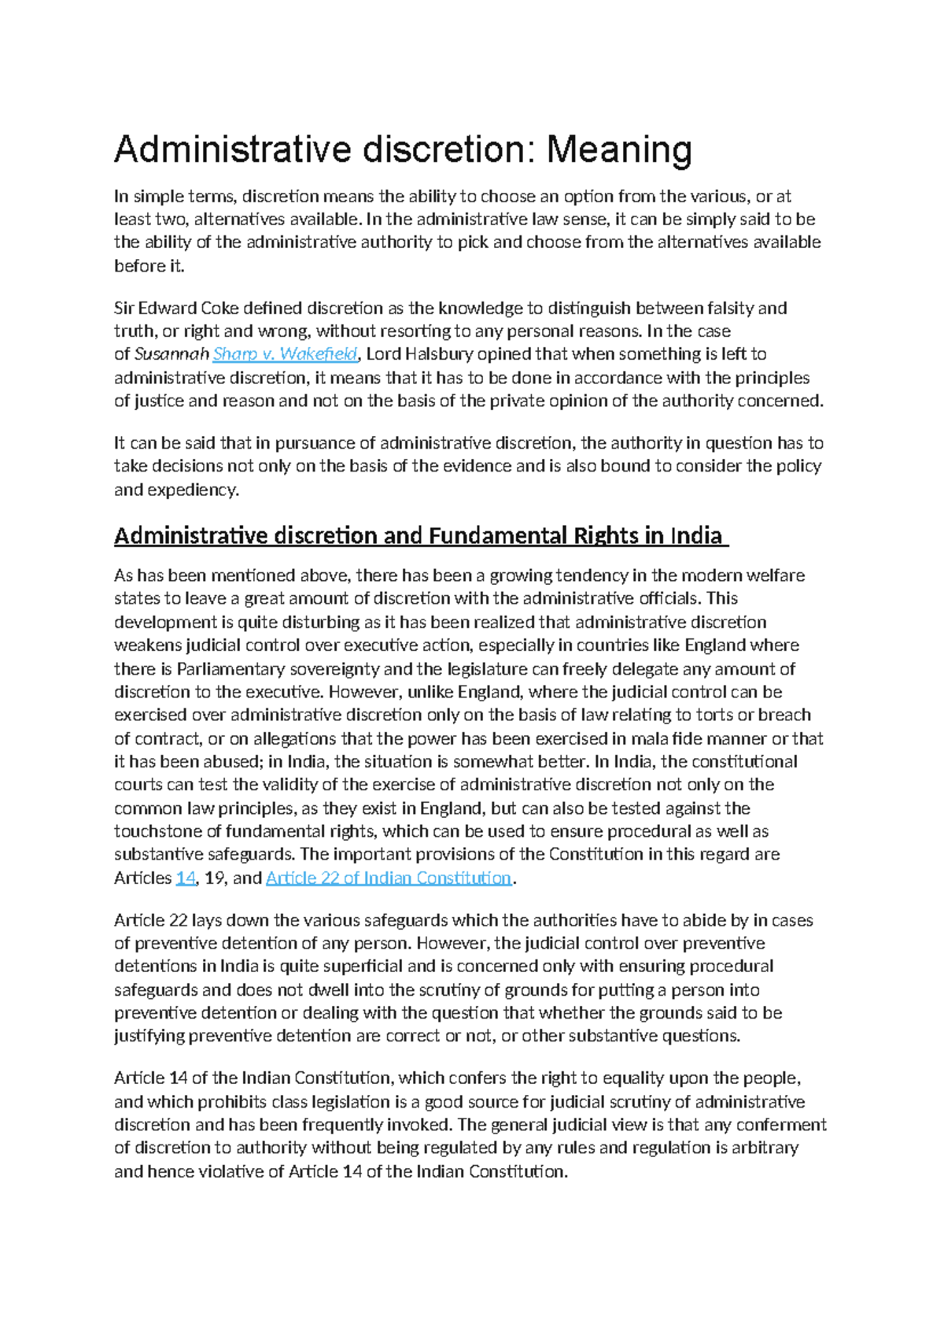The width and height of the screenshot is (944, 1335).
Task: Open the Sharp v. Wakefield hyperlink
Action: pos(286,354)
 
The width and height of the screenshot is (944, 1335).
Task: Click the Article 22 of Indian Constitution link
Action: pos(389,878)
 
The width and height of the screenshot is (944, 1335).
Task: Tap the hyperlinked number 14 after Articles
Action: pos(185,878)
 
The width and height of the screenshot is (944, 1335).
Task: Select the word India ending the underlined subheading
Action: pos(695,536)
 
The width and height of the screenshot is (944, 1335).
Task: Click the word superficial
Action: pos(363,967)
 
